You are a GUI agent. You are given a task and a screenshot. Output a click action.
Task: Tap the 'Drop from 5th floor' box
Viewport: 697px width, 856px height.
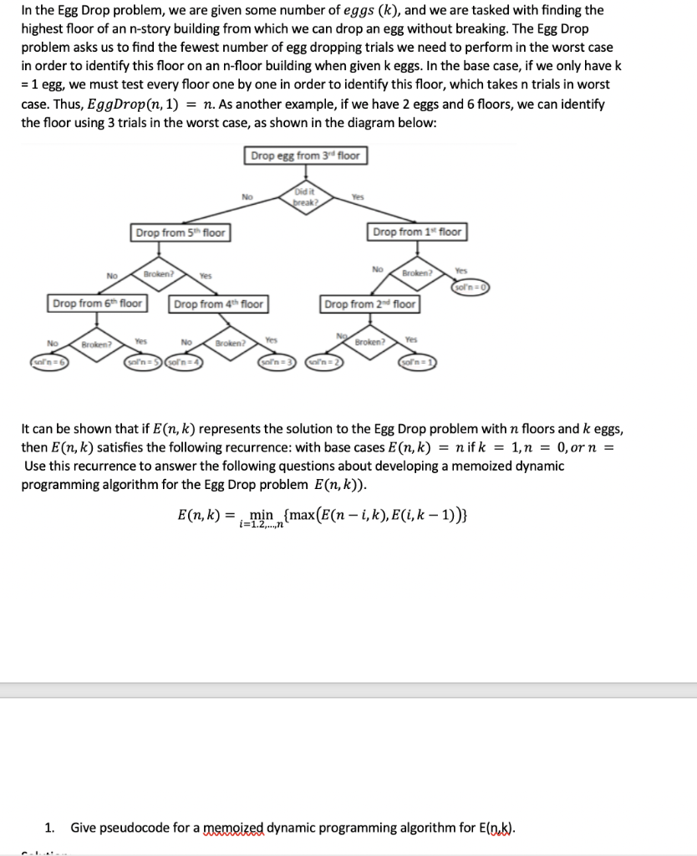[181, 232]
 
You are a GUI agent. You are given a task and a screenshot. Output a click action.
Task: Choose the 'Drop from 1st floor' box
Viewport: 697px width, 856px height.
[417, 232]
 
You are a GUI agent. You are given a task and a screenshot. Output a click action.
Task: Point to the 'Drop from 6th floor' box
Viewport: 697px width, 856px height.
[97, 303]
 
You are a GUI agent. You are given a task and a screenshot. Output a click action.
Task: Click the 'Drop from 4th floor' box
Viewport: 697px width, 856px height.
[219, 303]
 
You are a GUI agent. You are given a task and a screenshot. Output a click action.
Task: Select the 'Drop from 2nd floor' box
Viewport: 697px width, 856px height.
[370, 303]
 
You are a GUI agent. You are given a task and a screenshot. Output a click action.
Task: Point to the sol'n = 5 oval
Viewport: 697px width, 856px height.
[142, 360]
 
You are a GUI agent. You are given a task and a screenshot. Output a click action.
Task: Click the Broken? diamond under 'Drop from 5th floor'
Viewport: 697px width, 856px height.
[158, 273]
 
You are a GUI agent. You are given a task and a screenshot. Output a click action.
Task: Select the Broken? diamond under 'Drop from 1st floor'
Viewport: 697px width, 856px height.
[415, 273]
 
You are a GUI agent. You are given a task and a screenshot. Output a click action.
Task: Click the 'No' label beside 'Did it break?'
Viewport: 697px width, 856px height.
[247, 197]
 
